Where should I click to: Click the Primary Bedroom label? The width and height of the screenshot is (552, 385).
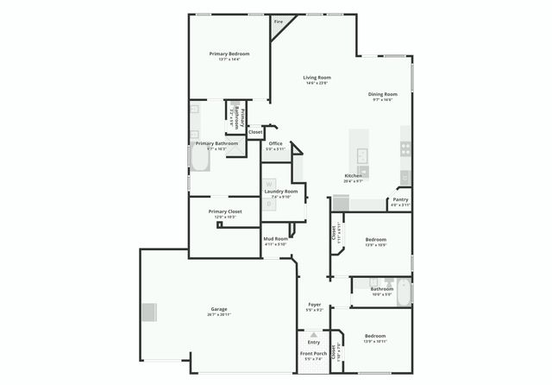pyautogui.click(x=229, y=54)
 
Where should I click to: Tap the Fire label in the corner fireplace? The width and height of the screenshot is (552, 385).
pyautogui.click(x=279, y=22)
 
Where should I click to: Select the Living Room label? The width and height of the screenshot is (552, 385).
pyautogui.click(x=317, y=78)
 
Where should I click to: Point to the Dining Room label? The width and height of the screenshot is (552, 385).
pyautogui.click(x=382, y=93)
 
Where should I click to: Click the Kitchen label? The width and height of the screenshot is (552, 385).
pyautogui.click(x=353, y=175)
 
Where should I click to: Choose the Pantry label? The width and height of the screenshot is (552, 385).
pyautogui.click(x=400, y=199)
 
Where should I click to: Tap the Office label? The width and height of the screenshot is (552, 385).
pyautogui.click(x=275, y=143)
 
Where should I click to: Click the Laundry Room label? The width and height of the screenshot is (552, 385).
pyautogui.click(x=281, y=191)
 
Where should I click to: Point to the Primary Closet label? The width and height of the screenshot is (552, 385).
pyautogui.click(x=225, y=211)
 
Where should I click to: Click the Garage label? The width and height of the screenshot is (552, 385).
pyautogui.click(x=219, y=309)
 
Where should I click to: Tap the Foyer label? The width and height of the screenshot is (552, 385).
pyautogui.click(x=315, y=305)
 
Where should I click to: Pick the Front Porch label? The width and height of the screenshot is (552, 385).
pyautogui.click(x=313, y=354)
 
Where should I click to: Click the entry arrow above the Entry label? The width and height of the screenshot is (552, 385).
pyautogui.click(x=313, y=334)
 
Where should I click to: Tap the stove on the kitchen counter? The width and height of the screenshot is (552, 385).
pyautogui.click(x=405, y=148)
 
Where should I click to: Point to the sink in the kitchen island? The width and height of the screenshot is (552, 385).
pyautogui.click(x=363, y=155)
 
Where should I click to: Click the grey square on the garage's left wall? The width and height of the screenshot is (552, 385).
pyautogui.click(x=150, y=312)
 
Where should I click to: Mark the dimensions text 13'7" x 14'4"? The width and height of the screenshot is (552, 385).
pyautogui.click(x=229, y=60)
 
